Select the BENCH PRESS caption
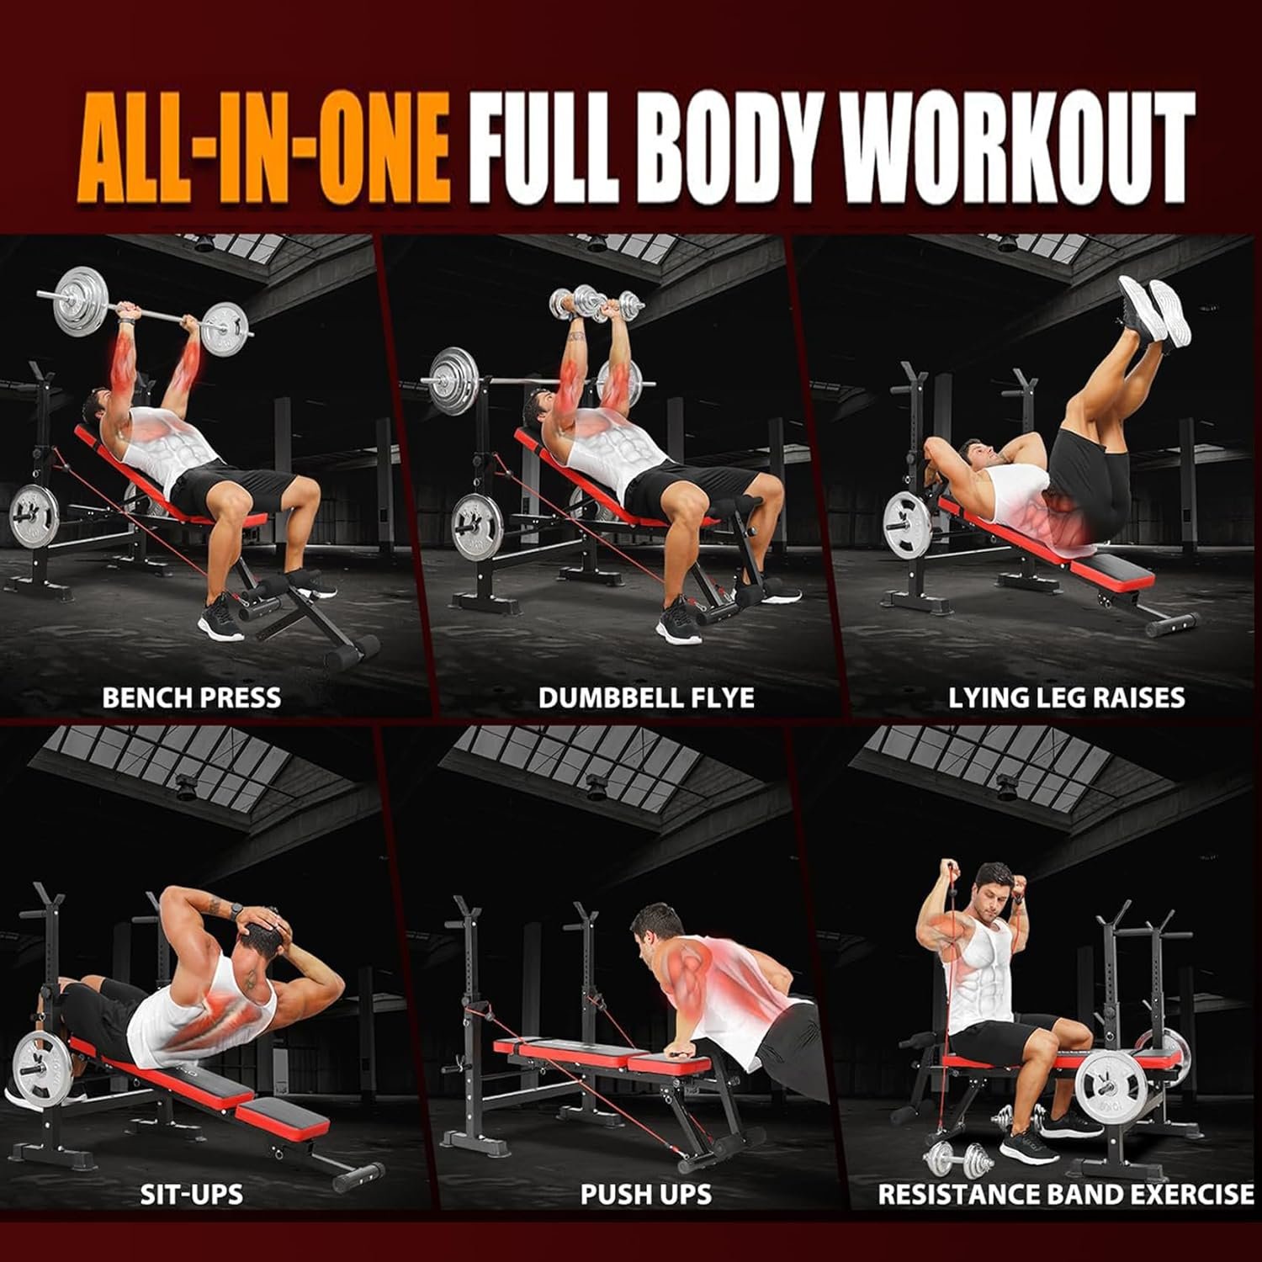[x=191, y=697]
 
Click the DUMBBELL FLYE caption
[x=646, y=697]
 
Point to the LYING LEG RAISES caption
[x=1066, y=697]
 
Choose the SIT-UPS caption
[x=192, y=1193]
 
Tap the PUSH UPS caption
[x=645, y=1193]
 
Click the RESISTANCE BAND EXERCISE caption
[x=1066, y=1193]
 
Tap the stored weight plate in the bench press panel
[x=34, y=515]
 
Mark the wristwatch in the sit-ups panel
[x=237, y=910]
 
